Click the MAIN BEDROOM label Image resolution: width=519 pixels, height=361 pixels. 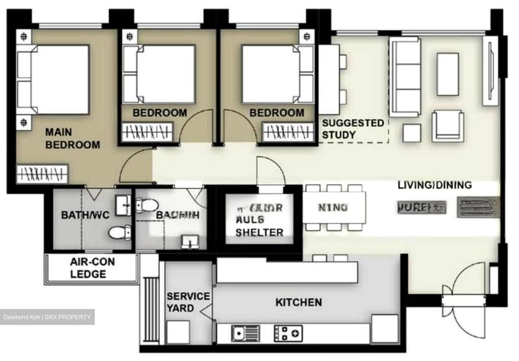coord(72,138)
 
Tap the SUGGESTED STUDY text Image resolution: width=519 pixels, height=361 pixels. coord(352,129)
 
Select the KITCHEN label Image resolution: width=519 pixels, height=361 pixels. coord(298,302)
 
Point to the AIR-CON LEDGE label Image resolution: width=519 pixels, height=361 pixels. coord(88,268)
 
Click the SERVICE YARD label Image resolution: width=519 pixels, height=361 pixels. coord(188,302)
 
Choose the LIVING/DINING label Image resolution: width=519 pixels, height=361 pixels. coord(434,185)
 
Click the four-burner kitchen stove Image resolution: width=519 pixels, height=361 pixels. coord(288,333)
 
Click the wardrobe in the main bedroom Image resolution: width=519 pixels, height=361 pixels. coord(43,174)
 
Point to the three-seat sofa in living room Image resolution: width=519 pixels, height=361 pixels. coord(405,77)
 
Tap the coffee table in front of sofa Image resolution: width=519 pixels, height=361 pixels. coord(448,74)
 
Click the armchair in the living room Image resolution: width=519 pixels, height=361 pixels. coord(447,125)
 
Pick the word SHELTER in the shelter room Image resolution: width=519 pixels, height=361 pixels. coord(259,233)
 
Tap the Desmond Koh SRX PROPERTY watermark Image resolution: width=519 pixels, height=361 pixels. coord(47,317)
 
